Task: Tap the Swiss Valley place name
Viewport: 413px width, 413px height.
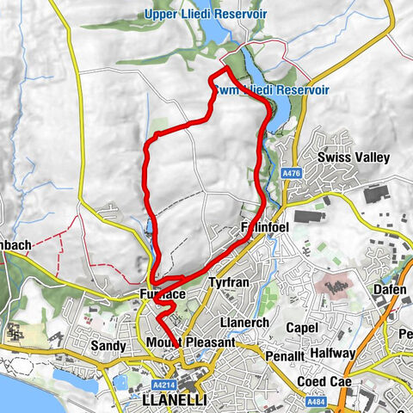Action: click(353, 158)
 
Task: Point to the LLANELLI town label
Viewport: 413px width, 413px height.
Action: click(177, 400)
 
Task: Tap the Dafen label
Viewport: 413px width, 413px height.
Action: click(389, 290)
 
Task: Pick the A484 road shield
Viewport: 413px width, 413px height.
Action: click(314, 400)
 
